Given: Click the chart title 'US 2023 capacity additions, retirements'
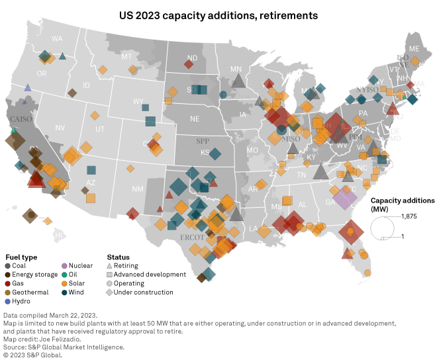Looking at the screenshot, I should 218,13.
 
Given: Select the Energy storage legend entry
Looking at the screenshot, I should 32,274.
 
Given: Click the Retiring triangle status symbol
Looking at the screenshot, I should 110,265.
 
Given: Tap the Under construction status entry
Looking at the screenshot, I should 143,292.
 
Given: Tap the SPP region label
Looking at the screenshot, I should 202,141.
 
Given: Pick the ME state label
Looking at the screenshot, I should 415,49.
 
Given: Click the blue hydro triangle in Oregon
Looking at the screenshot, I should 28,87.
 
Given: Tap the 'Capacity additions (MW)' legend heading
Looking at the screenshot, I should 402,204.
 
